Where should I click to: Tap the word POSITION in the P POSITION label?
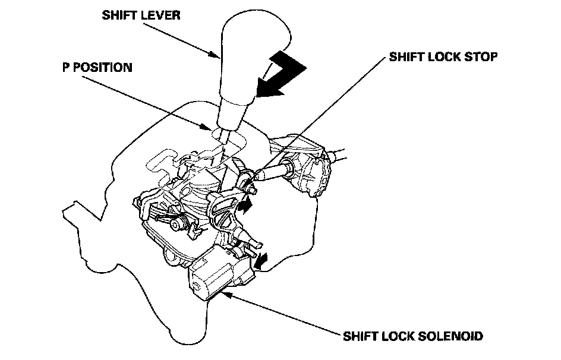point(102,68)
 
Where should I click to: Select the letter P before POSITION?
point(65,68)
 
